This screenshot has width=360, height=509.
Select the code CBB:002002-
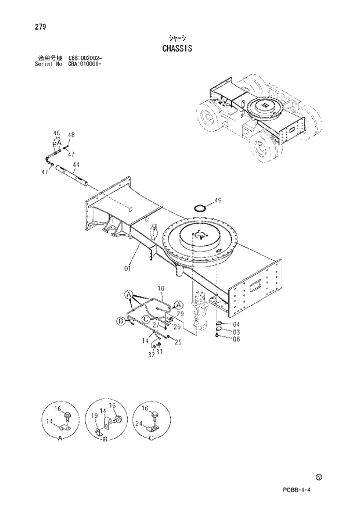pos(85,59)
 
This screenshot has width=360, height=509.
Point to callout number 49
pos(218,200)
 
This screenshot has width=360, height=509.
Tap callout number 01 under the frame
pos(127,268)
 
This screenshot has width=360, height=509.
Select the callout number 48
pos(71,135)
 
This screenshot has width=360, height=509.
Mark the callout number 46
pos(56,133)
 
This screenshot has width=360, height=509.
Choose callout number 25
pos(178,342)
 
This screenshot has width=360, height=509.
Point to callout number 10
pos(161,288)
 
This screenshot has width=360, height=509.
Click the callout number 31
pos(159,352)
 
